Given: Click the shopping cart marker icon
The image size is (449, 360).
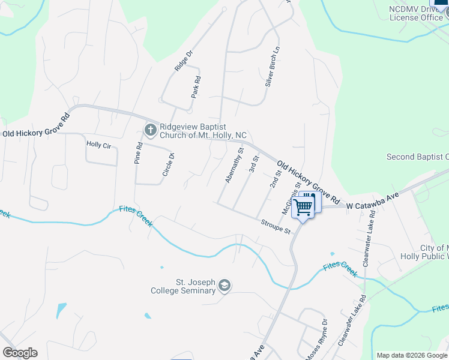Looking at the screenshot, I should point(304,206).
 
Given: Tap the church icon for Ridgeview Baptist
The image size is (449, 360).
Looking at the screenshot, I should point(150,128).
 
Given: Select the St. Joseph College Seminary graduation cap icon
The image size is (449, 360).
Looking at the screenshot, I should point(224,285).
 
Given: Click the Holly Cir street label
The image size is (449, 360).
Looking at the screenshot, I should point(98,144).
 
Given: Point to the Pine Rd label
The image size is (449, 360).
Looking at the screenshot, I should point(139,154).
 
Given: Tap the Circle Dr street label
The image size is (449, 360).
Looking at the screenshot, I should point(168,164).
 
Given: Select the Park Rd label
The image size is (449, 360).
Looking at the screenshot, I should point(196,88).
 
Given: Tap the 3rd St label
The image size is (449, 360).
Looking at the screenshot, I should point(254,163).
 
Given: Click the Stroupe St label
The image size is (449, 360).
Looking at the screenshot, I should point(276,227).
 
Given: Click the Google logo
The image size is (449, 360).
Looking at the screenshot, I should point(20,353).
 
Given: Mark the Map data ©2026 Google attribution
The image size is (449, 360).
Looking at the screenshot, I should point(411,355).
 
